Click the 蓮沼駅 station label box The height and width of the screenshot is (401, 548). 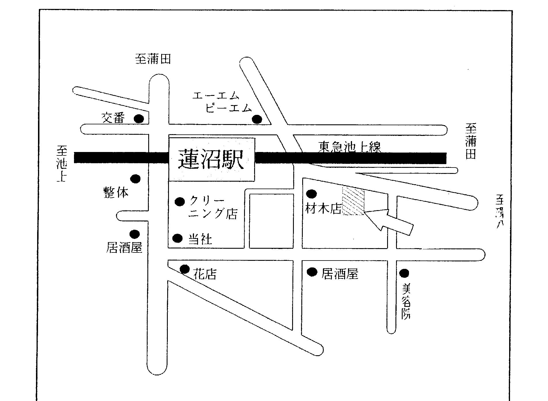(212, 159)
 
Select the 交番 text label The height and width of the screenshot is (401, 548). (114, 118)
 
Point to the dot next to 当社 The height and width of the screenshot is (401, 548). (177, 238)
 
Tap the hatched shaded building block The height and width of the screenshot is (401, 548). (353, 201)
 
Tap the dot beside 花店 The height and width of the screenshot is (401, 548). (184, 269)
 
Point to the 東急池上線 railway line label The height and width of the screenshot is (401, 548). (349, 147)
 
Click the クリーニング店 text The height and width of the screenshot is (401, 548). (213, 208)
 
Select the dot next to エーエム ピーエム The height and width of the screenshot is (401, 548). (257, 119)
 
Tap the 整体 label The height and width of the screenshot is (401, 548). (116, 192)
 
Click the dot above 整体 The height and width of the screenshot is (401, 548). (135, 179)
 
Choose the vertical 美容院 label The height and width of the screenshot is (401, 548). (406, 301)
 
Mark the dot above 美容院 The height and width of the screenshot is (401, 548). (404, 273)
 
